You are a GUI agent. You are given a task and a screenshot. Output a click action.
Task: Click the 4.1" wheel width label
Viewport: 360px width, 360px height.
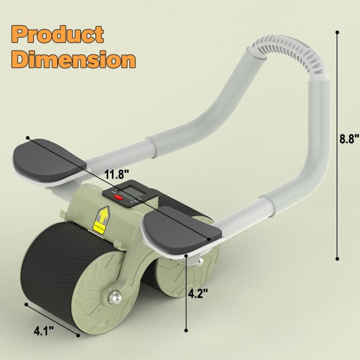point(44,332)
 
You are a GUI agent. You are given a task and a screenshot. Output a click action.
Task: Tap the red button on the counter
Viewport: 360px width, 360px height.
point(118,197)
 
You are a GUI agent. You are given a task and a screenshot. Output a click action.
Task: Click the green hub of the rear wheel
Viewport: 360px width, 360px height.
point(173,277)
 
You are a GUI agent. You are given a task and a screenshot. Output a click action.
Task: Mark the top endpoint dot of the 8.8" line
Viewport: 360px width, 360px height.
point(337,32)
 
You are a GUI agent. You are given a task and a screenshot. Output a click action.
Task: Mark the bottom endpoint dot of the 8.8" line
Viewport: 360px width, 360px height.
point(337,259)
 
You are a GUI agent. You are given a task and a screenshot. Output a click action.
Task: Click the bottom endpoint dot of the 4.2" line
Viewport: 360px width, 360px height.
point(186,330)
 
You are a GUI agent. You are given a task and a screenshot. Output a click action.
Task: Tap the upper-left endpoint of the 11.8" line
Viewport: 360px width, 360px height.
point(28,137)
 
